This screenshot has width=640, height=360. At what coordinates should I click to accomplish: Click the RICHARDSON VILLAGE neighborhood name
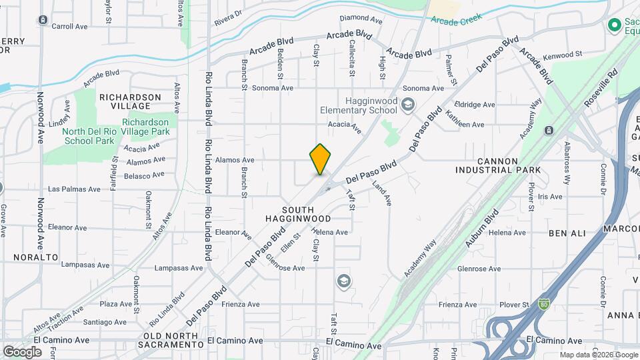pos(130,101)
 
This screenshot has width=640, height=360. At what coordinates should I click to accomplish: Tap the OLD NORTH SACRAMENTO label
pos(171,339)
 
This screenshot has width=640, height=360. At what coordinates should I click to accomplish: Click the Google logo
pos(22,351)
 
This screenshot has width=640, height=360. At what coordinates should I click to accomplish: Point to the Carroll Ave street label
pos(70,27)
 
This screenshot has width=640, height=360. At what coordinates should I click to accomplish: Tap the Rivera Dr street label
pos(227,18)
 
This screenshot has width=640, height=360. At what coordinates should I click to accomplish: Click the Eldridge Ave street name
pos(474,105)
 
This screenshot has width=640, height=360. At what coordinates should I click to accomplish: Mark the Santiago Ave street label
pos(105,321)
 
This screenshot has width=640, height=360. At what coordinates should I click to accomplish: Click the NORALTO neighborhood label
pos(36,257)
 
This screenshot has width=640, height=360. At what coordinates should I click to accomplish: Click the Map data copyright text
pos(598,355)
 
